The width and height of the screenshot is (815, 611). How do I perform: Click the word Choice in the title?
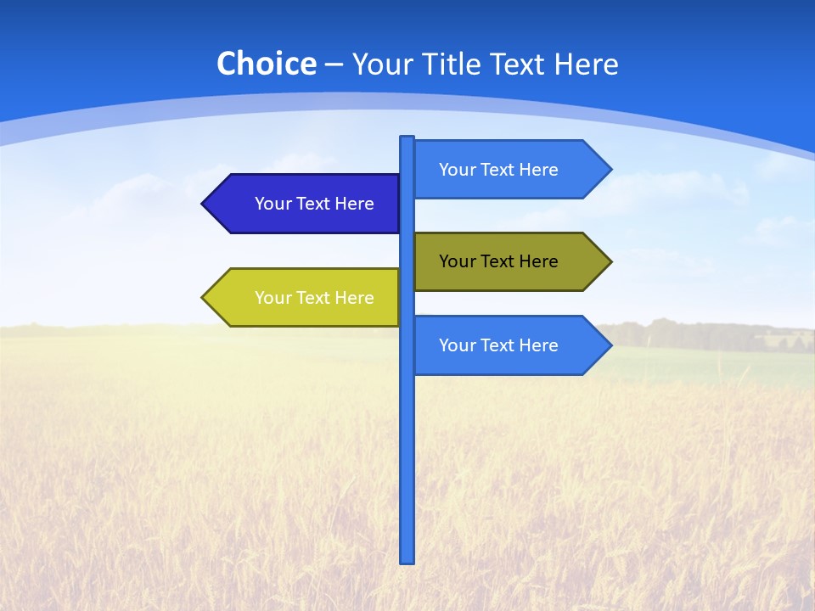click(266, 64)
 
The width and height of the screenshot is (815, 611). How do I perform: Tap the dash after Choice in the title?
click(334, 64)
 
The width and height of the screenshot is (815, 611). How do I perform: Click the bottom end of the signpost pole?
click(407, 559)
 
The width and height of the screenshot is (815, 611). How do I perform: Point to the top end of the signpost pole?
click(407, 139)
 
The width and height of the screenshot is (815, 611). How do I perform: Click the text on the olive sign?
click(498, 261)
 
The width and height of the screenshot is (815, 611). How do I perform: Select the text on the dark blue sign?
click(314, 204)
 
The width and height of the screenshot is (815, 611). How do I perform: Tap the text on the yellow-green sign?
click(314, 298)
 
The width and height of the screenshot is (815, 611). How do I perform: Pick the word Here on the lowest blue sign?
click(538, 345)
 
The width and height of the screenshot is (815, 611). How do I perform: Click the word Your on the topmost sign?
click(457, 170)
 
